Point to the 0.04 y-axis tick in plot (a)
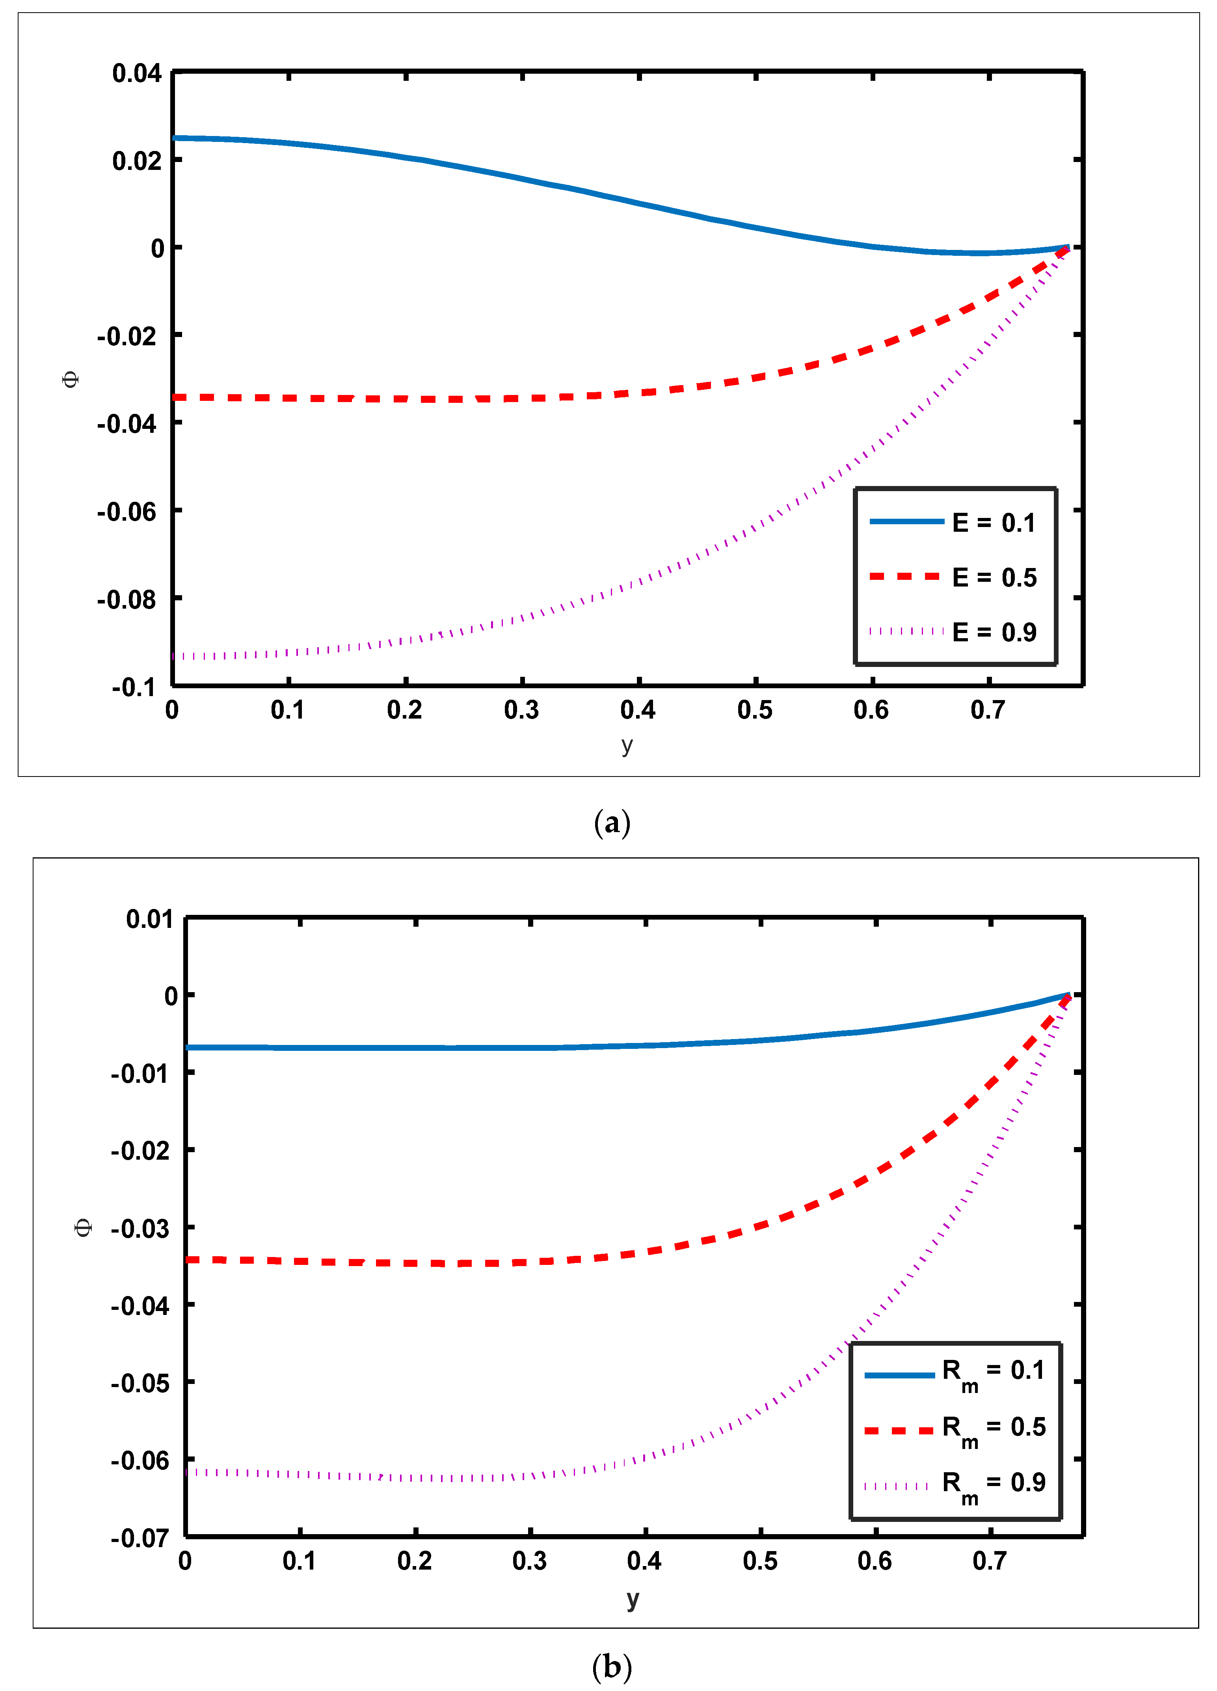click(136, 73)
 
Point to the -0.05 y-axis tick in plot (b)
click(140, 1383)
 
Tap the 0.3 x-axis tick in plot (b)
click(529, 1561)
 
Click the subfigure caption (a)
click(612, 823)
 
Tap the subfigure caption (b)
click(612, 1666)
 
